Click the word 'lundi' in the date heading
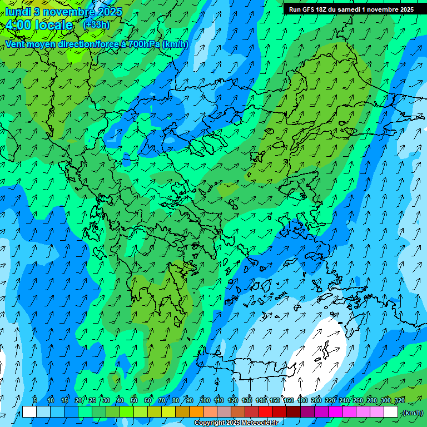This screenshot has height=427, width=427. click(x=17, y=12)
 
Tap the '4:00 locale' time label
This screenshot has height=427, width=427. click(x=39, y=25)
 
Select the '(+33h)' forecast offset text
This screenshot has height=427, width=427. click(x=96, y=25)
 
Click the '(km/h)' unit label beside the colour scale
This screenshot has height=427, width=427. click(x=413, y=413)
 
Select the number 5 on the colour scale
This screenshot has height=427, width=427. click(x=35, y=400)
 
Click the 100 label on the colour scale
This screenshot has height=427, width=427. click(x=205, y=400)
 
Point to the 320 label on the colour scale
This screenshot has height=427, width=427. click(x=399, y=400)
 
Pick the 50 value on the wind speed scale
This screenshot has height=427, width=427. click(x=134, y=400)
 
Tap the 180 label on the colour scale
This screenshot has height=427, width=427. click(x=302, y=400)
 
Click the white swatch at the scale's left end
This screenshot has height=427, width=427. click(x=29, y=412)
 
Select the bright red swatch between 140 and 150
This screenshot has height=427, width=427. click(x=266, y=412)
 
